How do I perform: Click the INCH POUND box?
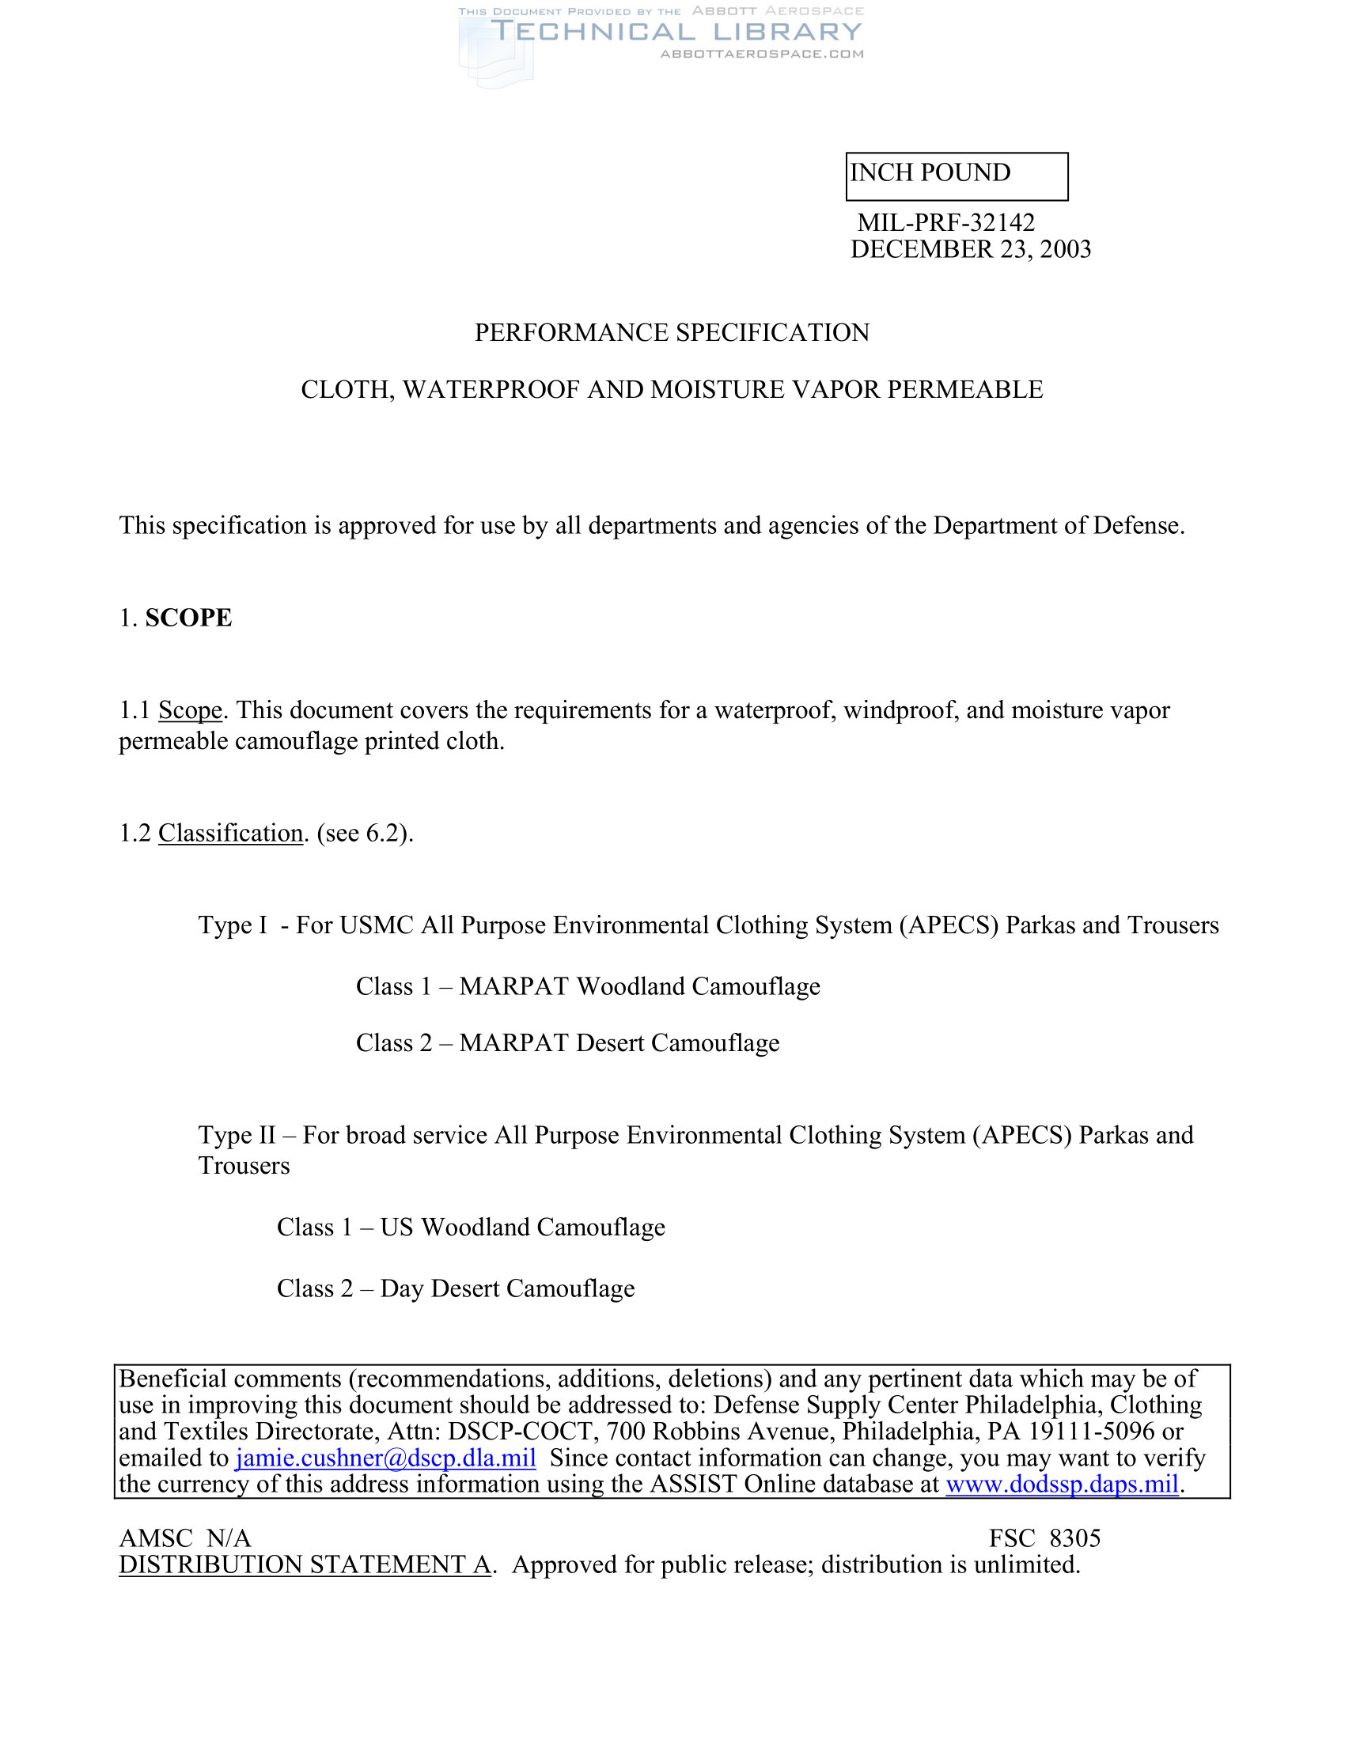coord(957,176)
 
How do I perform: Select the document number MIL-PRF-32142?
coord(945,222)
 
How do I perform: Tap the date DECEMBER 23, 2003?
coord(971,249)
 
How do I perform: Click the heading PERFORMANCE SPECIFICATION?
coord(672,332)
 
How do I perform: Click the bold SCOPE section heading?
coord(188,618)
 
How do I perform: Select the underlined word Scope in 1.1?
coord(191,710)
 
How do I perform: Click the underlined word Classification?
coord(231,834)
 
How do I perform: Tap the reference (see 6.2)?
coord(365,834)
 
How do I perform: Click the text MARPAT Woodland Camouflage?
coord(640,986)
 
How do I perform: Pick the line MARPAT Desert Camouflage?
coord(619,1043)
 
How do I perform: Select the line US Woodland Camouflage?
coord(523,1227)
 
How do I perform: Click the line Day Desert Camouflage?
coord(508,1288)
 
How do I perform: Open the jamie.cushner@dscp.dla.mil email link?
coord(385,1458)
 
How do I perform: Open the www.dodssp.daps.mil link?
coord(1062,1485)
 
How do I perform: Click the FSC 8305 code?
coord(1044,1538)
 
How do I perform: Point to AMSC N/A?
coord(185,1538)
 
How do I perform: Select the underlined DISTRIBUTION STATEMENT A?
coord(305,1564)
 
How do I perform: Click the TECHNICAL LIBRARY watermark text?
coord(676,32)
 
